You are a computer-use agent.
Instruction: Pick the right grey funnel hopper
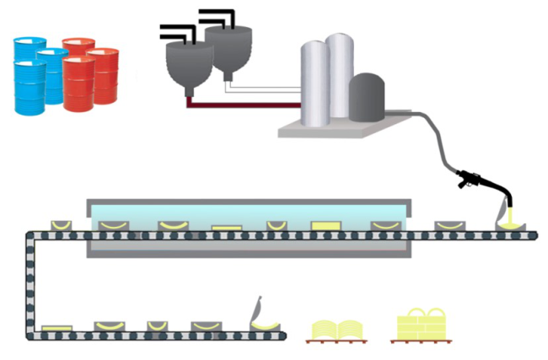226,51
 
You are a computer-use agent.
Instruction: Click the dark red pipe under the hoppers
244,105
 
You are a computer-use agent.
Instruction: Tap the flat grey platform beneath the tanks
337,126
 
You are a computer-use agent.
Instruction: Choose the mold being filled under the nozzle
511,226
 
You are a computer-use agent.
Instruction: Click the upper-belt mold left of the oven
62,225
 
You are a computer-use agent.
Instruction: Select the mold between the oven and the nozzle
447,225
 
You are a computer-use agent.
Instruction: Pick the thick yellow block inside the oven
325,225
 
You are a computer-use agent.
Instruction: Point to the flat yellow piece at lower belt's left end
56,327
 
